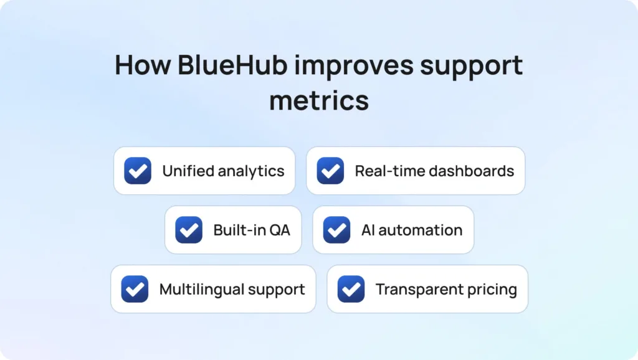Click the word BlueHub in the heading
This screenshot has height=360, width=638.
[x=232, y=65]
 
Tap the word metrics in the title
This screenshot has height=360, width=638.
[x=319, y=100]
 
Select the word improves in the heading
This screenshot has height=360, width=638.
[x=354, y=67]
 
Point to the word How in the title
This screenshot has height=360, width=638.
[x=143, y=65]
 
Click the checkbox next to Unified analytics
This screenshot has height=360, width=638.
[x=138, y=171]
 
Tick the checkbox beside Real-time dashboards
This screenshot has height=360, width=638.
[x=330, y=171]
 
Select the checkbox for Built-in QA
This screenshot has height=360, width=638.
[x=189, y=230]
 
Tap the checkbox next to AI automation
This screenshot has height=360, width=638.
[x=336, y=230]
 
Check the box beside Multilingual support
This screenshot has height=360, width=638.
[x=135, y=289]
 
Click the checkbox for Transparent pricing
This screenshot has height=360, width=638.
[x=351, y=289]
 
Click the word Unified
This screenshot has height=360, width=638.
[x=188, y=171]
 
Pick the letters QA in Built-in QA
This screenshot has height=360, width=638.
[x=280, y=230]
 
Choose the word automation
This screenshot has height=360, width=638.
[x=421, y=230]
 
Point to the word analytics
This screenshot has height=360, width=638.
[x=251, y=171]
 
